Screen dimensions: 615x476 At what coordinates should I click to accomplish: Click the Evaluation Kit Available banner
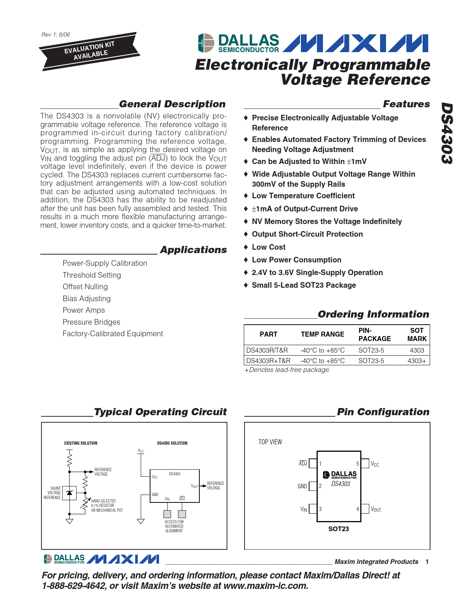click(89, 51)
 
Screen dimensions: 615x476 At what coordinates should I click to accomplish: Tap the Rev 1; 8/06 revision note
click(56, 35)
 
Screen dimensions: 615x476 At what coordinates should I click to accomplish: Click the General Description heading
click(172, 104)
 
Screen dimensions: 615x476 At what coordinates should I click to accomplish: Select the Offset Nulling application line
click(85, 287)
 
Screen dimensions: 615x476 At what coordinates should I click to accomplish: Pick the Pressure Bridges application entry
click(91, 322)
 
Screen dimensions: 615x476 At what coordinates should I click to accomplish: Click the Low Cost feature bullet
click(268, 247)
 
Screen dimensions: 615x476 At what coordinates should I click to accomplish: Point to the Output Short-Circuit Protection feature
click(307, 234)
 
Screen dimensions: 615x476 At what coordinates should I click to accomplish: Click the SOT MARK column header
click(417, 334)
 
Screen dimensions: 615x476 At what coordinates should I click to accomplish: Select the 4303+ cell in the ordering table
click(417, 361)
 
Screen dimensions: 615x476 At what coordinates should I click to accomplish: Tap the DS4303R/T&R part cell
click(267, 350)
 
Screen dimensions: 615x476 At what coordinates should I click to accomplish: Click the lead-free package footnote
click(287, 370)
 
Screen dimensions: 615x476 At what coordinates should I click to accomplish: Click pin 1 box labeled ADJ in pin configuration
click(313, 464)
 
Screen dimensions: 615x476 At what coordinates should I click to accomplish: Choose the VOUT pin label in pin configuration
click(376, 509)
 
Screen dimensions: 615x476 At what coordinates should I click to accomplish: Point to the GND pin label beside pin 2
click(302, 486)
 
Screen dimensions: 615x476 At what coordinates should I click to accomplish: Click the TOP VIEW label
click(270, 442)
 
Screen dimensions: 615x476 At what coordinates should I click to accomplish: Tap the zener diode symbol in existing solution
click(69, 493)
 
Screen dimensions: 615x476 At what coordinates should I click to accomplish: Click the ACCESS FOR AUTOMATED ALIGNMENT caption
click(174, 526)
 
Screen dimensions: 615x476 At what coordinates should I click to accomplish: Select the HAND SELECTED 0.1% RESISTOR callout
click(107, 505)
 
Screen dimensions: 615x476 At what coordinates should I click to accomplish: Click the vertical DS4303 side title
click(447, 133)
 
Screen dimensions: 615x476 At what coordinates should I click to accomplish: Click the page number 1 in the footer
click(427, 562)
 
